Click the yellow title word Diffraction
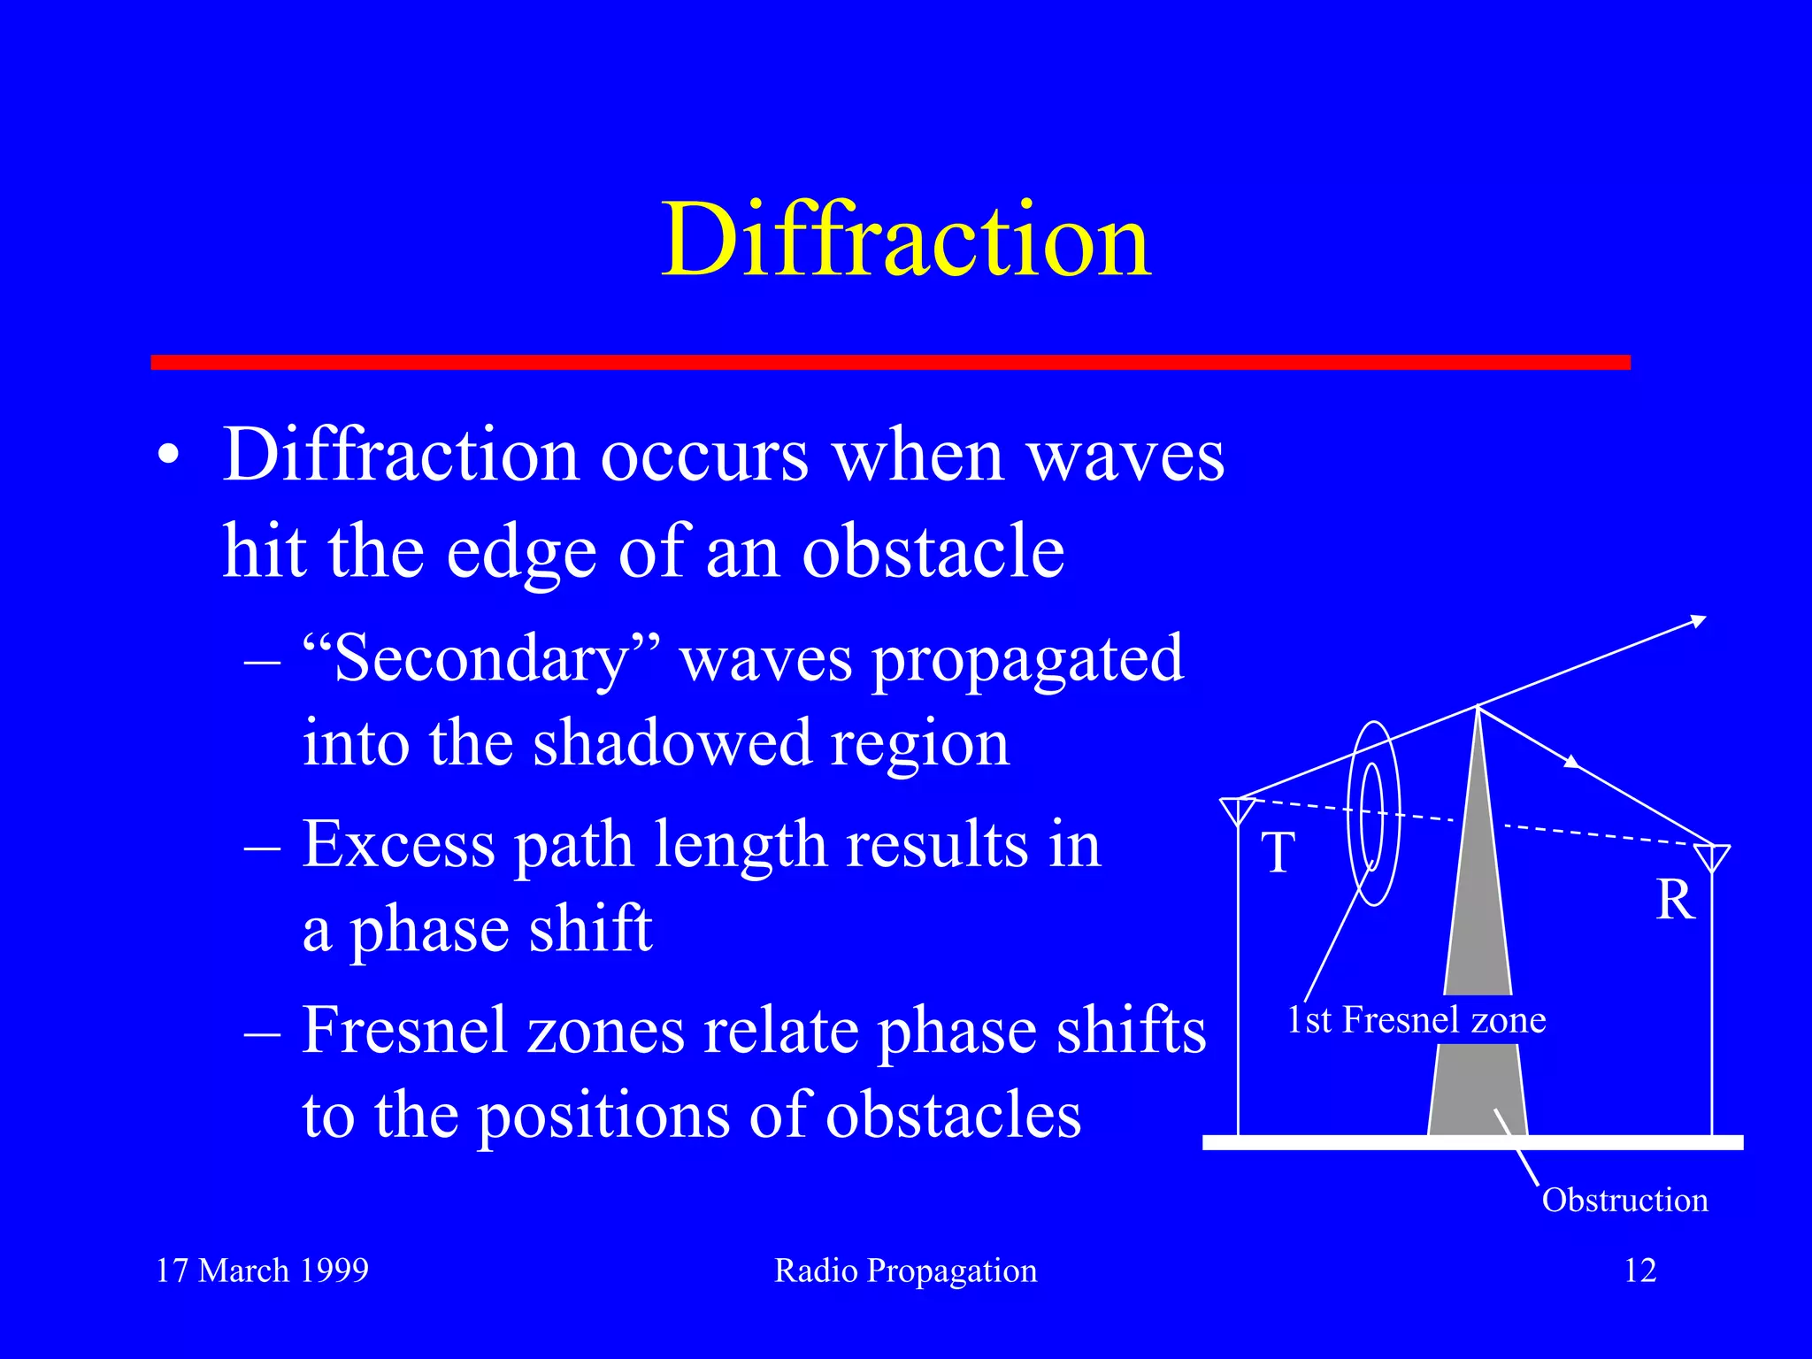906,241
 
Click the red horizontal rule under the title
889,362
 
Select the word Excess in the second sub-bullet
398,844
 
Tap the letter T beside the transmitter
1278,853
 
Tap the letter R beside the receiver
1675,901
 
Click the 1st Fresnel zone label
1416,1020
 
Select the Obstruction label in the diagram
1624,1201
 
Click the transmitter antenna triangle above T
1237,810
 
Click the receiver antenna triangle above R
1712,856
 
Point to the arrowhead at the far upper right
1698,621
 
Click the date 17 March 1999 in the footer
262,1271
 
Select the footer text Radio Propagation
905,1271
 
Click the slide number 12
1639,1271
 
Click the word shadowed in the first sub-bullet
672,743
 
